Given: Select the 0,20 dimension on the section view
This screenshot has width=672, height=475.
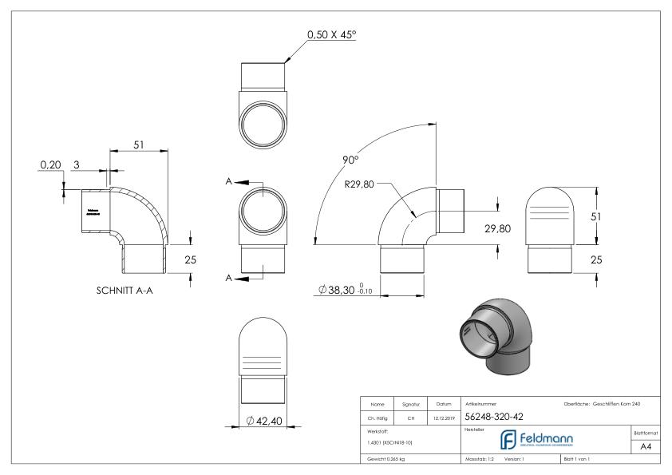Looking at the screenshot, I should tap(50, 164).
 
